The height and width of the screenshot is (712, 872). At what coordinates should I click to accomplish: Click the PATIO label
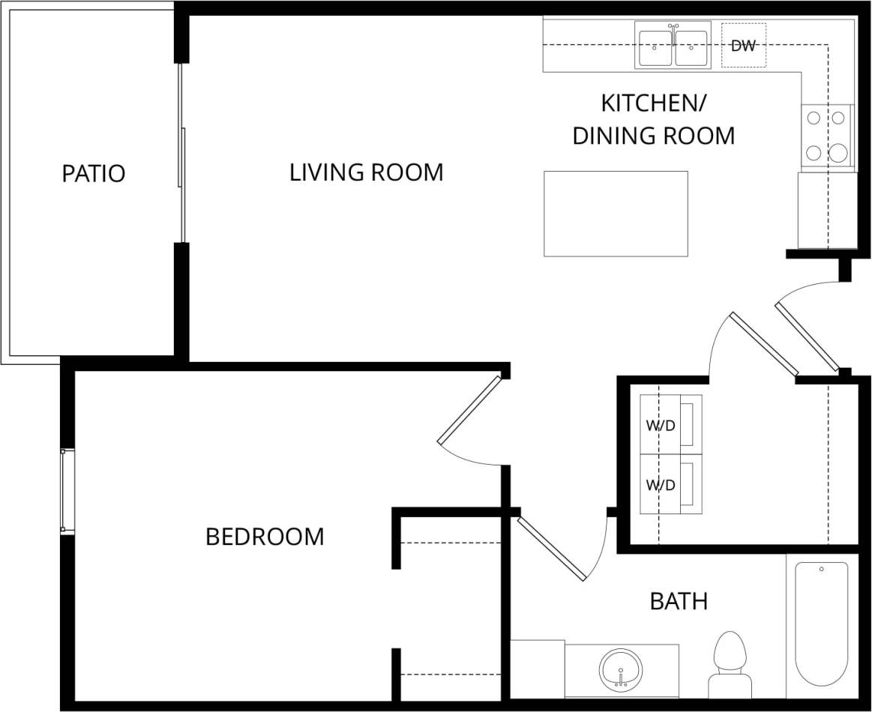click(x=93, y=174)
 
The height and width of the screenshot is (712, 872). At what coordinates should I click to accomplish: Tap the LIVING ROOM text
click(x=366, y=172)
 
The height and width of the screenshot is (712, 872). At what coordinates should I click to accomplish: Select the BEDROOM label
click(x=265, y=537)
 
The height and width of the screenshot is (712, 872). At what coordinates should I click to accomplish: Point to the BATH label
click(x=679, y=601)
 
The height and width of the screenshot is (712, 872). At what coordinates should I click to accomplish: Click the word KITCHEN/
click(x=654, y=102)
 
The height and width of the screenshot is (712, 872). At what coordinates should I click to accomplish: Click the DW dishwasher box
click(x=743, y=46)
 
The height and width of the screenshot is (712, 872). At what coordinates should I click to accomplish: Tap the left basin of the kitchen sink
click(x=655, y=48)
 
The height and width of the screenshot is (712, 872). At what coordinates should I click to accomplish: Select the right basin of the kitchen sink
click(x=691, y=48)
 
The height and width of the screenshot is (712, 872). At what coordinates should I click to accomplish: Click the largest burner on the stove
click(x=838, y=154)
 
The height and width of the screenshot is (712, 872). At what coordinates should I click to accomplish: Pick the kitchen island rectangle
click(x=616, y=214)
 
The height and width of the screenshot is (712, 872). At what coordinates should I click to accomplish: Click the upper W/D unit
click(x=670, y=424)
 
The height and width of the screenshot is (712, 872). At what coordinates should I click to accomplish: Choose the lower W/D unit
click(x=670, y=484)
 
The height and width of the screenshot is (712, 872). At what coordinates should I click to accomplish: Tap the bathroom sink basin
click(x=621, y=667)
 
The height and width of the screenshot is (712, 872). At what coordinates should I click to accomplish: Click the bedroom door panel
click(x=469, y=409)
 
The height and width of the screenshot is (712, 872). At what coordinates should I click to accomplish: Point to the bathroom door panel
click(x=552, y=549)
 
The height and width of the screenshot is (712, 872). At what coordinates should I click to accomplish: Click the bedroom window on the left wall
click(x=67, y=491)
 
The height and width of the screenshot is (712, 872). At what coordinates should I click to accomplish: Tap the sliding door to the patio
click(x=181, y=157)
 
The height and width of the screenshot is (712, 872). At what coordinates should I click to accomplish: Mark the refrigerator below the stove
click(x=826, y=210)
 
